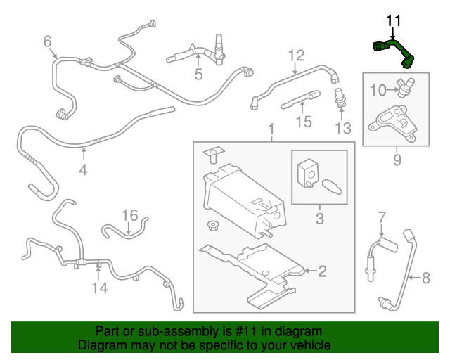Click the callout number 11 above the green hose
392,20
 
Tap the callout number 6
48,43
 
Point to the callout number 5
198,73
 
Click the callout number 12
295,55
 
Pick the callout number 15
303,122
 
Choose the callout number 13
342,128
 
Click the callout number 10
378,89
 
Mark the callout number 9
397,160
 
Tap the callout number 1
270,130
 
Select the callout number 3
319,219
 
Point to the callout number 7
382,216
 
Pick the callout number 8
425,278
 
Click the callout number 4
83,169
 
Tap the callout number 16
129,215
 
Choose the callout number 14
99,287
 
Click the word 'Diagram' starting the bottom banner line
99,345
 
